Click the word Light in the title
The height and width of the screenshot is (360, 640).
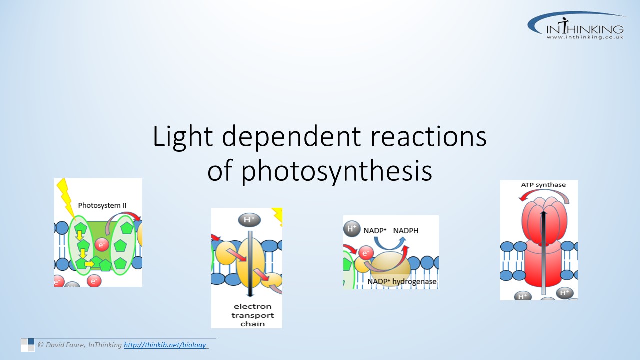pyautogui.click(x=183, y=137)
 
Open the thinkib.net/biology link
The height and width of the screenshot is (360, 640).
pyautogui.click(x=165, y=345)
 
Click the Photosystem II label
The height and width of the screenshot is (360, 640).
pyautogui.click(x=102, y=205)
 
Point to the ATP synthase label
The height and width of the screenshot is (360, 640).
pyautogui.click(x=543, y=185)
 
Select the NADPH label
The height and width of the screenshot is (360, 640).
pyautogui.click(x=405, y=231)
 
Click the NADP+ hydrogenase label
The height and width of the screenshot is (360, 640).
pyautogui.click(x=402, y=282)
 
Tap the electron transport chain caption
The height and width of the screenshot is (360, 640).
pyautogui.click(x=253, y=315)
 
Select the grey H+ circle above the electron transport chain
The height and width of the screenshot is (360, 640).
pyautogui.click(x=249, y=220)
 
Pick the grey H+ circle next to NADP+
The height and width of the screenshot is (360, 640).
pyautogui.click(x=352, y=229)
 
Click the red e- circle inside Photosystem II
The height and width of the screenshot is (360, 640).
pyautogui.click(x=102, y=245)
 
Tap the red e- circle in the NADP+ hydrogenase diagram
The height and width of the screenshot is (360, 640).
pyautogui.click(x=366, y=253)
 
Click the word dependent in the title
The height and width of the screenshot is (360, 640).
pyautogui.click(x=291, y=137)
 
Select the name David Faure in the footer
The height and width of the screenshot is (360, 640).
pyautogui.click(x=65, y=345)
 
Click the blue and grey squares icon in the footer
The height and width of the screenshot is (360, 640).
pyautogui.click(x=27, y=345)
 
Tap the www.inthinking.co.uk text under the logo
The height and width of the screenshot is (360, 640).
pyautogui.click(x=585, y=37)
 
